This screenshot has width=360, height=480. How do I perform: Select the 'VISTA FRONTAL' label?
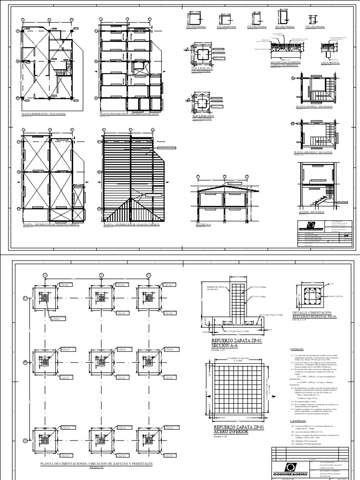[x=330, y=62]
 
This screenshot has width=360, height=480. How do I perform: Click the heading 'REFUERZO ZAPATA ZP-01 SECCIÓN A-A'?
[x=231, y=344]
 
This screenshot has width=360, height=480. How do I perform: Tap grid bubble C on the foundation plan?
[x=25, y=298]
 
